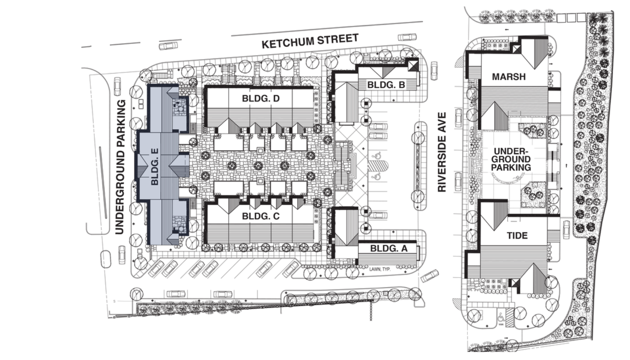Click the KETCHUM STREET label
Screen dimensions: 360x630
coord(310,41)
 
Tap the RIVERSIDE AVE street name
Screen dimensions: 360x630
coord(442,152)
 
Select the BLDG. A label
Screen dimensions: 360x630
coord(388,249)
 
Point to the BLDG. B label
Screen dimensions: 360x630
coord(386,85)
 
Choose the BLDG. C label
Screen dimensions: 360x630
coord(260,217)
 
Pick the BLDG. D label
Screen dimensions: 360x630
coord(260,98)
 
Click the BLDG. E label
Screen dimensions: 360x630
coord(155,167)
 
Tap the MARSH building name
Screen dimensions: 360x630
coord(509,77)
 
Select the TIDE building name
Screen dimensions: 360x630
coord(517,236)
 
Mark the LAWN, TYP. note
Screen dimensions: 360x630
coord(380,269)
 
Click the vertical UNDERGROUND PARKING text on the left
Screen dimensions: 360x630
coord(121,167)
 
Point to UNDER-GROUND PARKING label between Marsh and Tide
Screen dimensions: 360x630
coord(511,159)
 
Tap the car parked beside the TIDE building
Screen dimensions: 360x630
coord(566,229)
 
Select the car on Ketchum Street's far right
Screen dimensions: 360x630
coord(407,38)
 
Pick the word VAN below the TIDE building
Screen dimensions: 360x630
coord(501,324)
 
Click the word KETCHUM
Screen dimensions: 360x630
coord(286,42)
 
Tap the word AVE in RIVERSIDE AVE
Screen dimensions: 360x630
coord(442,123)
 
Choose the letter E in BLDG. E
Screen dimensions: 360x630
coord(155,152)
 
